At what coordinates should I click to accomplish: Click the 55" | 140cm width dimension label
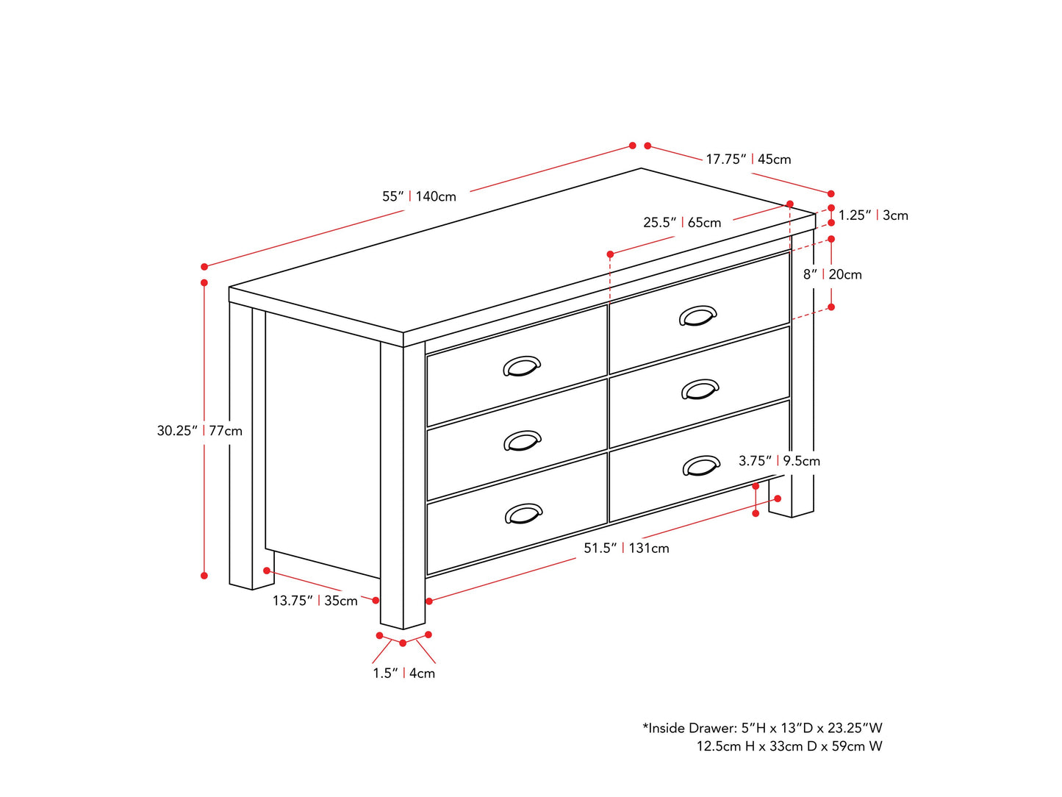point(419,196)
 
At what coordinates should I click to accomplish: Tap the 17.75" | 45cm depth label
point(748,159)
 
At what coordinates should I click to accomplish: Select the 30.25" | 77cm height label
point(199,431)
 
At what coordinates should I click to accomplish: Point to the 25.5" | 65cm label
point(682,223)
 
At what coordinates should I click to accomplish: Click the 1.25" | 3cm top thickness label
point(873,215)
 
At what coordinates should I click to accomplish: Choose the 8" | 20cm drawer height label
point(832,274)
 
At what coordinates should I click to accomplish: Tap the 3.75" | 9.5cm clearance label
point(779,461)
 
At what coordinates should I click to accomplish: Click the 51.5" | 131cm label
point(626,548)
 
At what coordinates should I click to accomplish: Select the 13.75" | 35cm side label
point(315,601)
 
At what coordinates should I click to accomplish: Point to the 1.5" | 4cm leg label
point(403,673)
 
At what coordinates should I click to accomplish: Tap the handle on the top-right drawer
point(697,315)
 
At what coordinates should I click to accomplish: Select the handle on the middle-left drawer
point(523,440)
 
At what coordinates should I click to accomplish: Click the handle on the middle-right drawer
point(700,389)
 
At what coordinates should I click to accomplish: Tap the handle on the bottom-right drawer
point(701,465)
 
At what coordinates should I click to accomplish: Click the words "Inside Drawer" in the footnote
point(691,728)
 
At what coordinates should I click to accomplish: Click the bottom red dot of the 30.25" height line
point(204,576)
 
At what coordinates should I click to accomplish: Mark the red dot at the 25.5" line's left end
point(610,254)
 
